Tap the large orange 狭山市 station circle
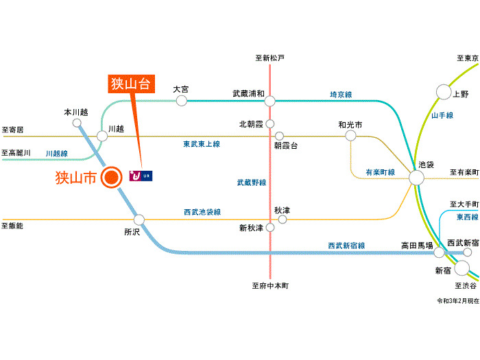pos(110,178)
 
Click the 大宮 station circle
pos(182,101)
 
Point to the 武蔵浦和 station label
pos(248,93)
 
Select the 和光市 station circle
pos(350,136)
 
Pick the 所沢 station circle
pos(139,220)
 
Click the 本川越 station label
pos(76,112)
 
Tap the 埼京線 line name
pos(341,95)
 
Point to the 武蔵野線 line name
pos(252,182)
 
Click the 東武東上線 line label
pos(202,144)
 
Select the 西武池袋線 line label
pos(202,213)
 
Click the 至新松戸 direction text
pos(269,58)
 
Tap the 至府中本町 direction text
pos(271,286)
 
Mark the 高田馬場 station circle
pos(439,252)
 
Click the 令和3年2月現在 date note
pos(457,301)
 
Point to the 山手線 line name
pos(442,116)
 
